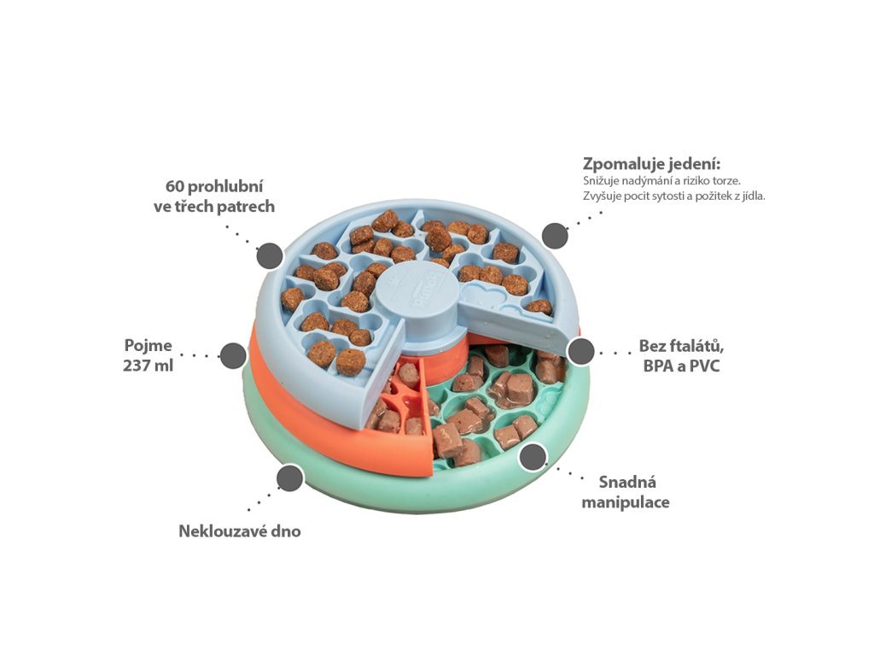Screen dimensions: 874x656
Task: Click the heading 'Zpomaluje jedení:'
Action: click(651, 163)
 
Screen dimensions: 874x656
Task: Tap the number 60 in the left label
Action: click(175, 186)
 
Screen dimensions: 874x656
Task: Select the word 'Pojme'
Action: click(149, 346)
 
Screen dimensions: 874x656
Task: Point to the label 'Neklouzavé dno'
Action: click(240, 531)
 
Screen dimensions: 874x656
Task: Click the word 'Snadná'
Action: click(627, 482)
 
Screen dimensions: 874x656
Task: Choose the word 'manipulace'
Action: click(626, 502)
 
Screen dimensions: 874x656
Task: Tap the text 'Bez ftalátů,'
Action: click(682, 346)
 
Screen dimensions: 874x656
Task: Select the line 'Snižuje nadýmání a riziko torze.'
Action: click(661, 181)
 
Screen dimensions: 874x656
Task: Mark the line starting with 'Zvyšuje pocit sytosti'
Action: click(674, 196)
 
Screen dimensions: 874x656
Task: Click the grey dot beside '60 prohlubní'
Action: click(270, 255)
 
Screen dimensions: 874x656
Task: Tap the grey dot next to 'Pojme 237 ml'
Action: click(233, 355)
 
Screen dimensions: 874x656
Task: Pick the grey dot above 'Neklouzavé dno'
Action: click(290, 477)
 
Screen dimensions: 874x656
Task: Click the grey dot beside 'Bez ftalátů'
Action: click(581, 351)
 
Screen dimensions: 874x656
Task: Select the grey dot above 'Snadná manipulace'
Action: click(534, 457)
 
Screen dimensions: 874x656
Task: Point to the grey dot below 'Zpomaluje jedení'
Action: click(555, 235)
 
